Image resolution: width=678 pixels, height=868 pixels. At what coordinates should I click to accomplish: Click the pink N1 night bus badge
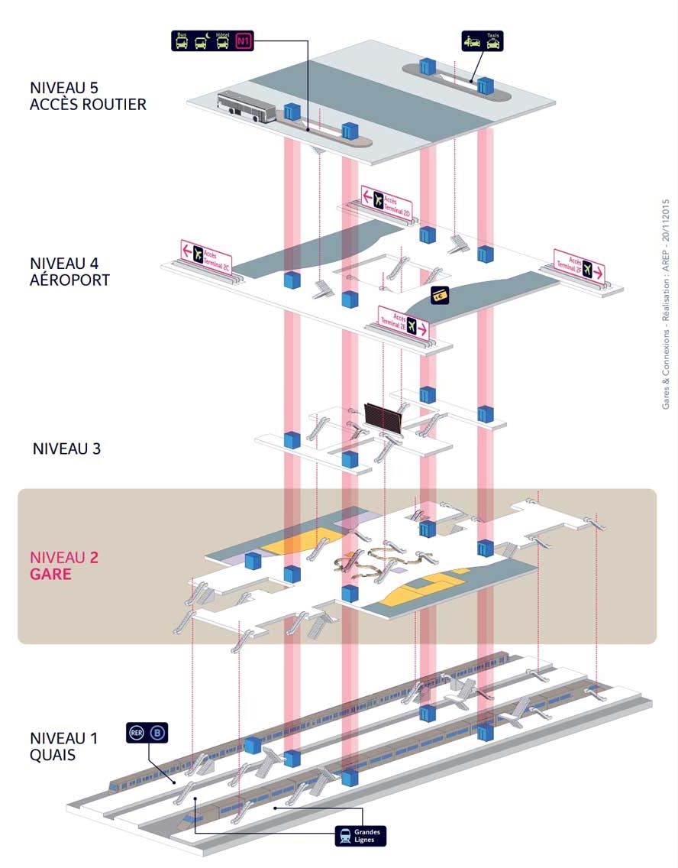coord(244,41)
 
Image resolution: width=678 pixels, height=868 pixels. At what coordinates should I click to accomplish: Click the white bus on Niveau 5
coord(247,107)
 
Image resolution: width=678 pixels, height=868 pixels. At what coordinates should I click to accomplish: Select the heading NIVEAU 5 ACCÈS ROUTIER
coord(88,96)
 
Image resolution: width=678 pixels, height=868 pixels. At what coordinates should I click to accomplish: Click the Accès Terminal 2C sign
coord(206,254)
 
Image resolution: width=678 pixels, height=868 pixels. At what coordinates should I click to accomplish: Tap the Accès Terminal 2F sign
coord(580,265)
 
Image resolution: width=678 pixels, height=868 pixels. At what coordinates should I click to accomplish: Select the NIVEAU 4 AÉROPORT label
coord(69,271)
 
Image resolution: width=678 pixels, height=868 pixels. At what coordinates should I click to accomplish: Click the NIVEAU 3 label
coord(67,449)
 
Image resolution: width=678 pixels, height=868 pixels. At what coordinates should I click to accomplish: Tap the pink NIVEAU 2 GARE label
coord(64,565)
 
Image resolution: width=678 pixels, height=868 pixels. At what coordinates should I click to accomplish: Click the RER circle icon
coord(136,734)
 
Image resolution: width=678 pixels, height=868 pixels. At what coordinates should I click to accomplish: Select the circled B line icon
coord(158,734)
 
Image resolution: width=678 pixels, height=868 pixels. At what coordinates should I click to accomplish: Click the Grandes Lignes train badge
coord(360,835)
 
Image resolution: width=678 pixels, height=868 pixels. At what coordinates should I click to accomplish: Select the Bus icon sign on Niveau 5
coord(182,41)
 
